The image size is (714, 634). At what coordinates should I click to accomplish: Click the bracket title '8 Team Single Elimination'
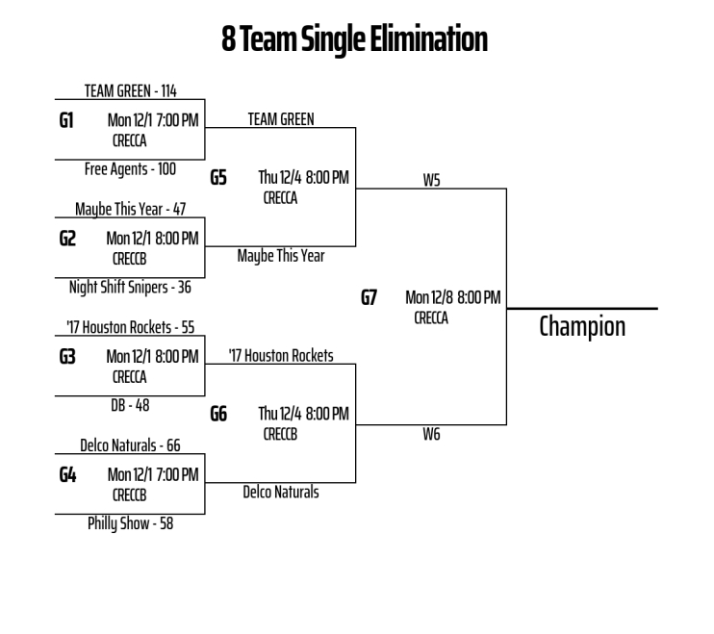point(356,39)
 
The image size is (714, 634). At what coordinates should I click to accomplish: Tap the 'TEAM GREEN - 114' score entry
point(129,92)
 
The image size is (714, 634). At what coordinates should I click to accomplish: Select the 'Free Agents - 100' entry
point(130,168)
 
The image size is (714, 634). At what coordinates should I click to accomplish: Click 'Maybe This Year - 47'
point(130,210)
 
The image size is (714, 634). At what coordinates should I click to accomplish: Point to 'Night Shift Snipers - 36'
point(130,286)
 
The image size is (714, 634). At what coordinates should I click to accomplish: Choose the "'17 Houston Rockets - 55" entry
point(130,327)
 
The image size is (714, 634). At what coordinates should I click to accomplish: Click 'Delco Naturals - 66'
point(130,445)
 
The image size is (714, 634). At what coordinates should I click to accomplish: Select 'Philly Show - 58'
point(130,524)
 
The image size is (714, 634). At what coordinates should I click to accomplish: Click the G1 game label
point(68,122)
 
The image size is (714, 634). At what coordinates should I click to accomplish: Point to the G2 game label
point(68,239)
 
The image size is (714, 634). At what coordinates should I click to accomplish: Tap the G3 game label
point(68,356)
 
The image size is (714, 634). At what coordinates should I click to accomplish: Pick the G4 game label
point(68,474)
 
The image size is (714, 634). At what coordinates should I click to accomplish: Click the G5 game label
point(218,178)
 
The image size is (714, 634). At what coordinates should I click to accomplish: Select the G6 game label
point(218,414)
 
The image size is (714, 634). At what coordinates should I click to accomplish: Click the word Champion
point(582,327)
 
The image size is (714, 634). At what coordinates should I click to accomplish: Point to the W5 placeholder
point(431,180)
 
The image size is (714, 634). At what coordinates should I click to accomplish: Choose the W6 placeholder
point(431,435)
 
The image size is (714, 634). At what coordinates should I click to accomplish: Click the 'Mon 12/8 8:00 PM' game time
point(452,297)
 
